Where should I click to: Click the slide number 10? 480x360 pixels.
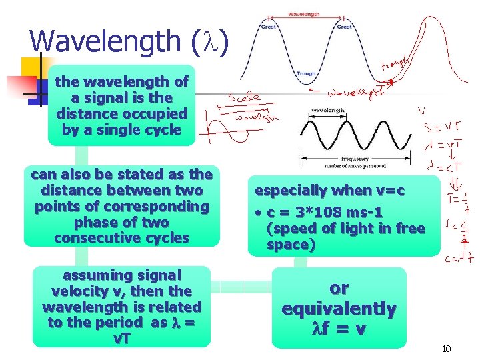[x=447, y=349]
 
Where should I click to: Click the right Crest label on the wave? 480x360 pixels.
[x=344, y=27]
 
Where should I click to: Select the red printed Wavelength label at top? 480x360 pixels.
[x=303, y=14]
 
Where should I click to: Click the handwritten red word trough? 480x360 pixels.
[x=394, y=65]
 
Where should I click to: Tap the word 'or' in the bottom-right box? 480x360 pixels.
[x=339, y=289]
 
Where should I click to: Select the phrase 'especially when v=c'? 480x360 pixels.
[x=330, y=191]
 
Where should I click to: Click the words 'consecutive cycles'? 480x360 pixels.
[x=121, y=238]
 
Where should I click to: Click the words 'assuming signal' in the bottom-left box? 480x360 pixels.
[x=121, y=275]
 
